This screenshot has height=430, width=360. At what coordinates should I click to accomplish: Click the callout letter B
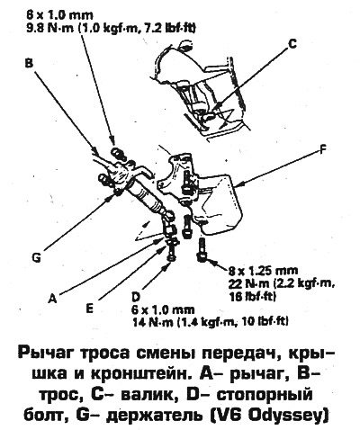(30, 63)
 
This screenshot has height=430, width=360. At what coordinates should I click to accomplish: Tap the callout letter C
(292, 44)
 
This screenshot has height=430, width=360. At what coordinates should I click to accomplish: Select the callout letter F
(323, 150)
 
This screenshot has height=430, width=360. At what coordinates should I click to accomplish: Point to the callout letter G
(36, 258)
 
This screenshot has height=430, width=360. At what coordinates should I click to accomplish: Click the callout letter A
(52, 298)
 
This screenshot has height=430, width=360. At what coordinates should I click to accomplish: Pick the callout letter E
(89, 308)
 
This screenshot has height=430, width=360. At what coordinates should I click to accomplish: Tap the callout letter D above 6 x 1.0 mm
(136, 297)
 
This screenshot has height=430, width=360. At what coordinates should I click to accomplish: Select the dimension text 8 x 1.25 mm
(263, 271)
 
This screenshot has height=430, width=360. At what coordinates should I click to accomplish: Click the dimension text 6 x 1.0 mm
(163, 309)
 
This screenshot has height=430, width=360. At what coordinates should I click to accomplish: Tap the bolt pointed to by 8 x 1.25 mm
(202, 248)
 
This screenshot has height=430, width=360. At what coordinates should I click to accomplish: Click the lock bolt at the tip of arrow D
(171, 252)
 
